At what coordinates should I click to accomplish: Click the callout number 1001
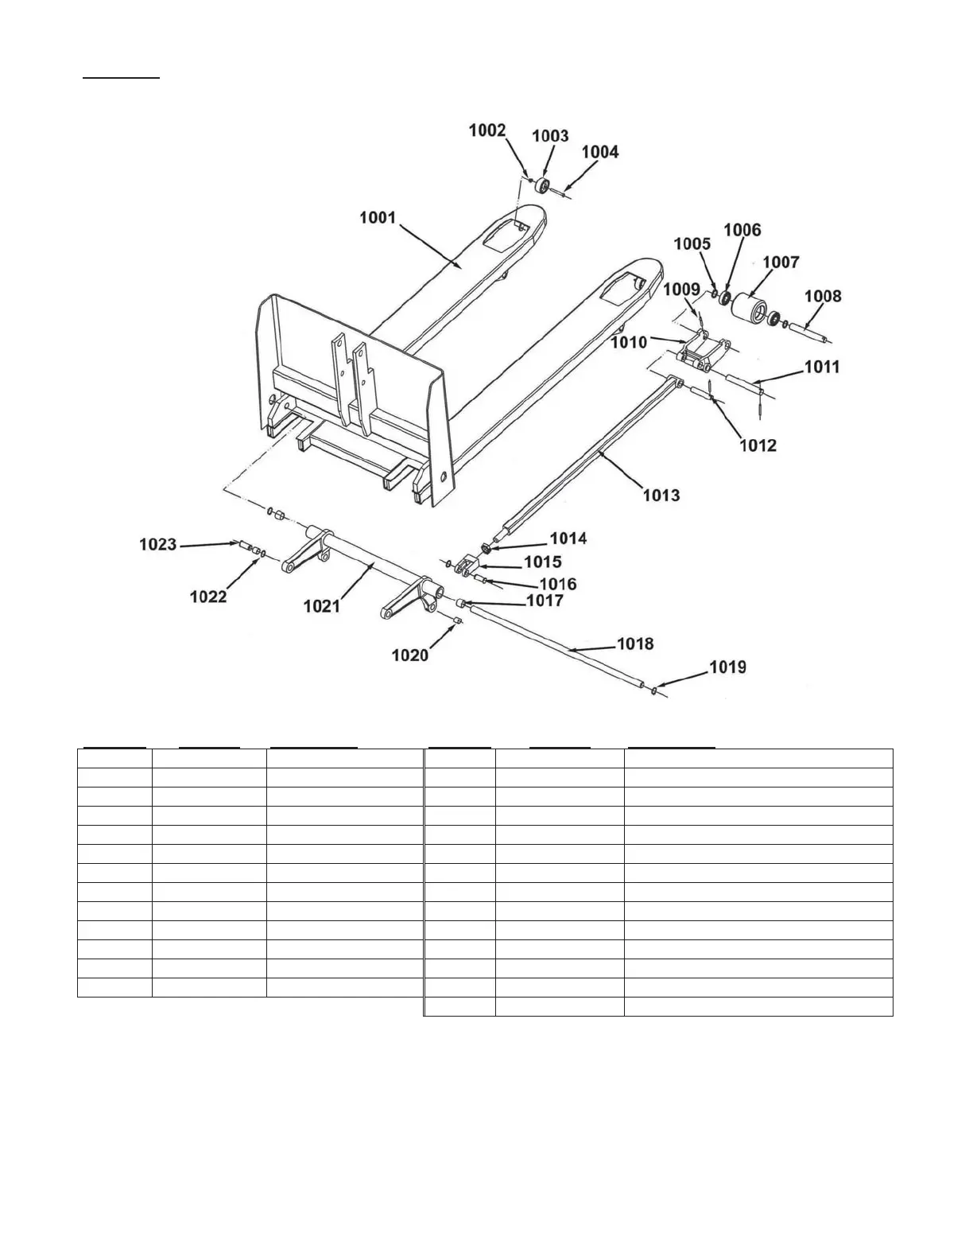(378, 217)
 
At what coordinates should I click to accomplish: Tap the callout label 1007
(781, 262)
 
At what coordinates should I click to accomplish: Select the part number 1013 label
(661, 496)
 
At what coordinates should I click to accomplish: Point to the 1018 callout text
(635, 643)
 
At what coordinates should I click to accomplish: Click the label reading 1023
(157, 544)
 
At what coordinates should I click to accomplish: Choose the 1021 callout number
(321, 606)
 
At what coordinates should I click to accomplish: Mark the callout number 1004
(599, 152)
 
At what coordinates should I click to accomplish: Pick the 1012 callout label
(758, 445)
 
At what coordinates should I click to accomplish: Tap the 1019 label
(727, 667)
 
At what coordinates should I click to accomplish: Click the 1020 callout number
(410, 655)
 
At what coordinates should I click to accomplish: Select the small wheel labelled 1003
(544, 186)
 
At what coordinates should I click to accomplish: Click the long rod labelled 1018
(556, 644)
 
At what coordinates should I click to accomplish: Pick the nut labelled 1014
(486, 548)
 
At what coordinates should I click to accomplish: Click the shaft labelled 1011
(743, 385)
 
